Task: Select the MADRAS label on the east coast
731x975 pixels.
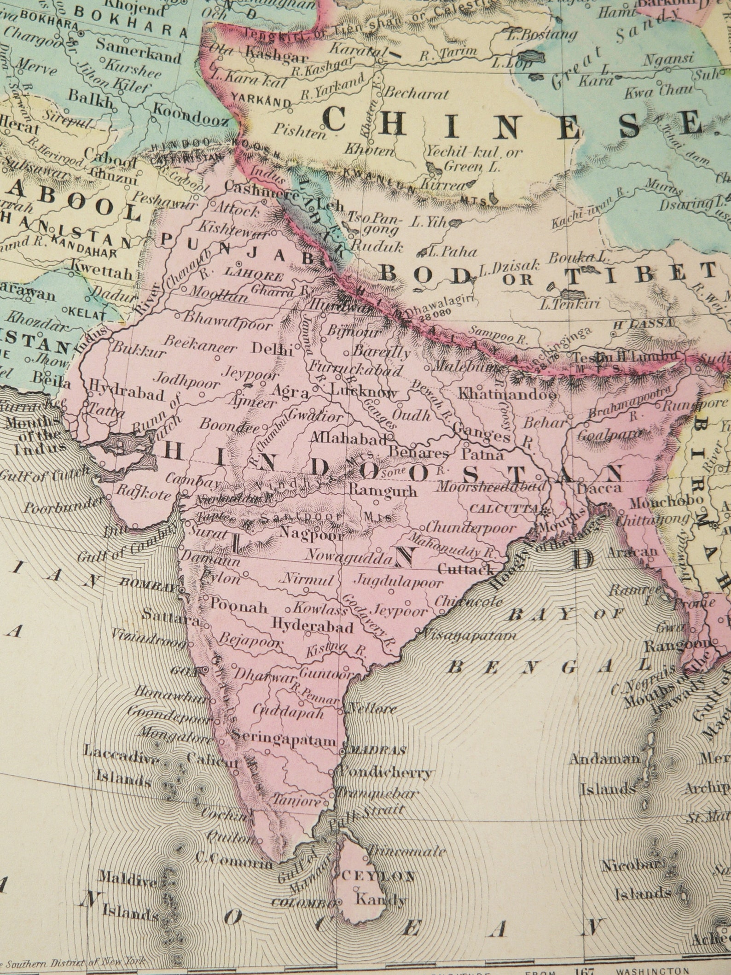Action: click(378, 749)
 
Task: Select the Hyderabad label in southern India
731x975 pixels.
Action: click(313, 626)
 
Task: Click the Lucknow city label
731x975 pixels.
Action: click(364, 393)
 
